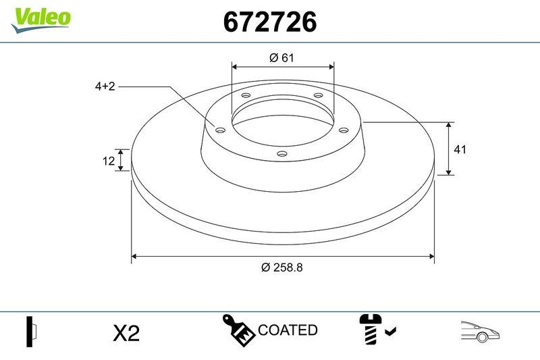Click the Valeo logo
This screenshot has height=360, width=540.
[40, 17]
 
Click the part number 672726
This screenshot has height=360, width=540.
[270, 23]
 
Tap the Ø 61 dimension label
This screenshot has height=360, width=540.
[282, 57]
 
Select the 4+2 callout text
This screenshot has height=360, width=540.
[105, 86]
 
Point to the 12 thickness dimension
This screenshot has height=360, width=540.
[107, 161]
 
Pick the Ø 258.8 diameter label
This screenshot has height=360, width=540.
[282, 267]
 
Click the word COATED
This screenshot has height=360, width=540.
[288, 330]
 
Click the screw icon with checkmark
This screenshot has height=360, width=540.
[376, 329]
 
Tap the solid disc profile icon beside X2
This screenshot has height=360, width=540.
[30, 331]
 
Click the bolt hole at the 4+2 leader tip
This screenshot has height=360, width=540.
[219, 130]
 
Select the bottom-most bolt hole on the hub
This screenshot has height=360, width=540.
[282, 155]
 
